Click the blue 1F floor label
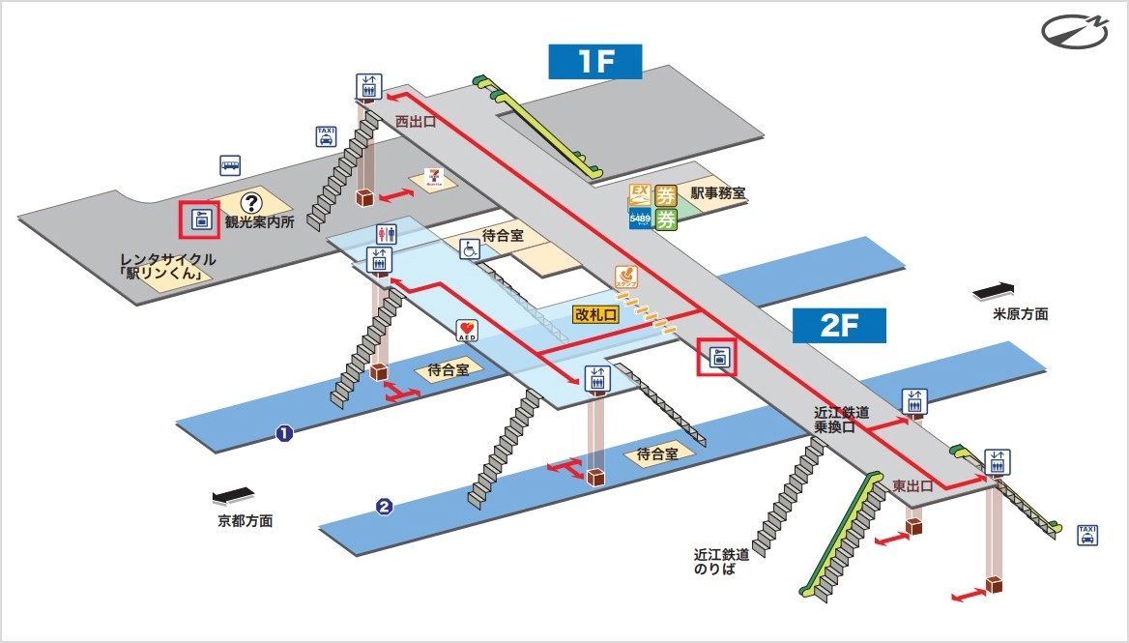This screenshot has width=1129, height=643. tap(595, 61)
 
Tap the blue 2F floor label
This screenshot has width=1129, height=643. tap(839, 326)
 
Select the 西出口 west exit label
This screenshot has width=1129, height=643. tap(416, 122)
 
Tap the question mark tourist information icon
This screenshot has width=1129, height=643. tap(251, 203)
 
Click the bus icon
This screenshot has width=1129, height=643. tap(230, 164)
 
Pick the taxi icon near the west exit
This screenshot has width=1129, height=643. tap(326, 135)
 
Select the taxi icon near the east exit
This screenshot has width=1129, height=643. tap(1087, 535)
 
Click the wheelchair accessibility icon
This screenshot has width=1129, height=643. tap(469, 249)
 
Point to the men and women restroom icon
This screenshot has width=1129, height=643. tap(386, 234)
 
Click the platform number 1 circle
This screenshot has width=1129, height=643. tap(284, 433)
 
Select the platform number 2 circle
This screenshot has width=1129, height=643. tap(384, 506)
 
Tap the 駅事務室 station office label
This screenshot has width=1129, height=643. tap(717, 193)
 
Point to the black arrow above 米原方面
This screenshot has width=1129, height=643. tap(994, 289)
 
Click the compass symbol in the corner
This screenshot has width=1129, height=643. tap(1077, 30)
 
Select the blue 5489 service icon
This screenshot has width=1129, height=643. tap(639, 219)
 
